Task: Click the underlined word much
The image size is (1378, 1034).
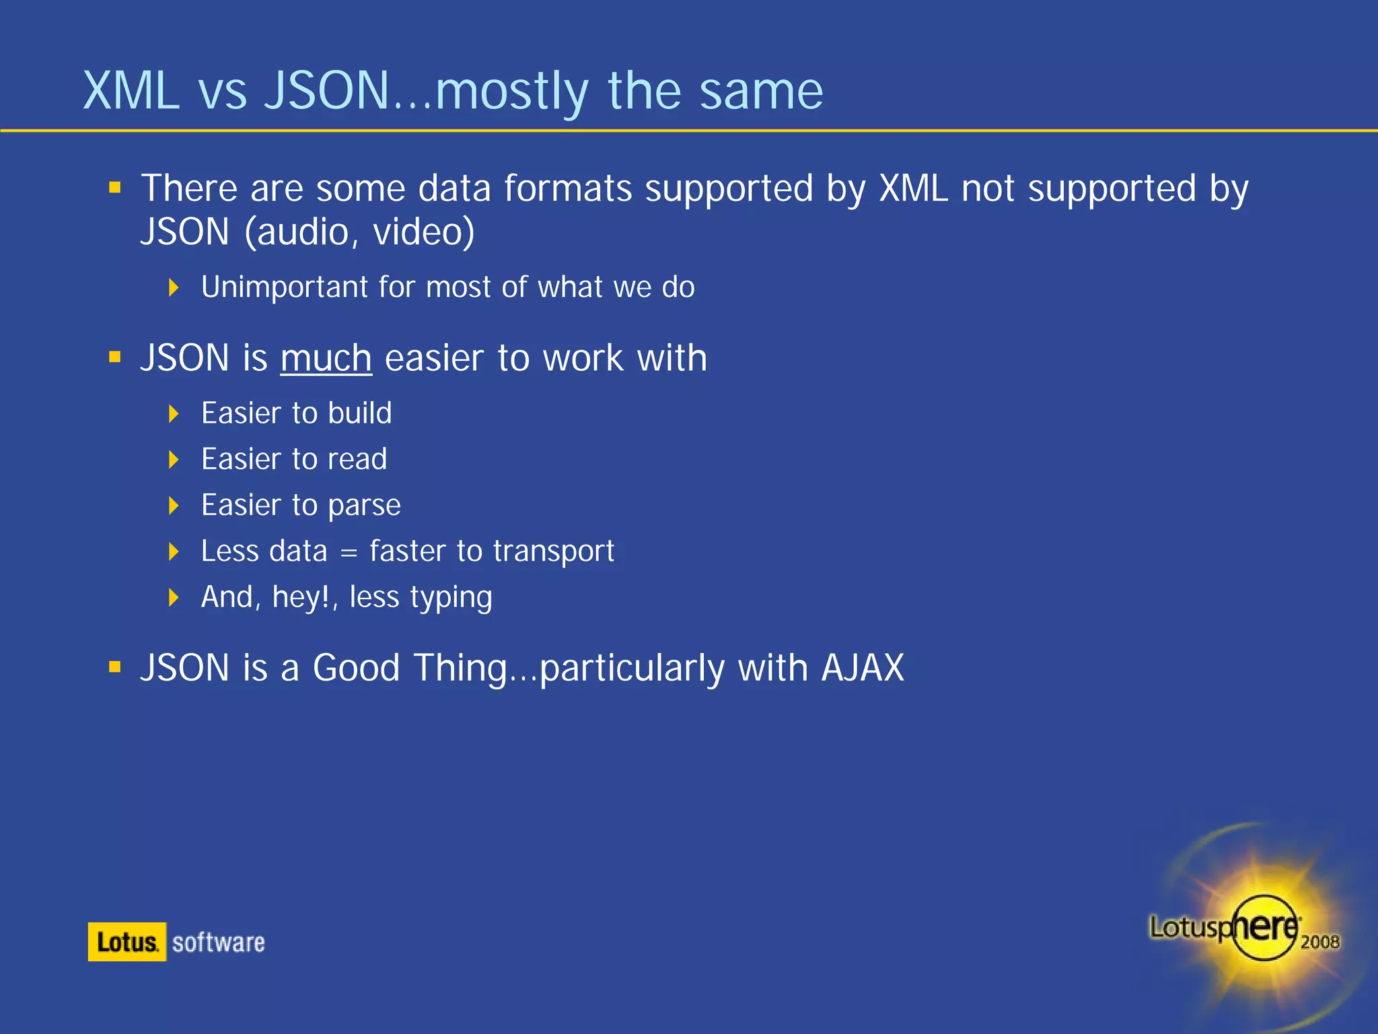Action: (x=326, y=358)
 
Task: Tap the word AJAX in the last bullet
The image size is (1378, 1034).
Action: (x=863, y=668)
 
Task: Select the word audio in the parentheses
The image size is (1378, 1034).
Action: (x=303, y=232)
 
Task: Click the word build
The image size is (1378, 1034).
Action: (x=360, y=413)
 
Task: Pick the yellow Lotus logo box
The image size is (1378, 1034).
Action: (x=126, y=942)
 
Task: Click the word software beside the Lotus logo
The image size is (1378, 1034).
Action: (x=218, y=942)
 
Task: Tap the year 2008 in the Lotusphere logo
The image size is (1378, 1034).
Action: (x=1319, y=942)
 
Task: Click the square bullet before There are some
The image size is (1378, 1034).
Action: (x=115, y=187)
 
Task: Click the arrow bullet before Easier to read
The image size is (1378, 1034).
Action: (x=174, y=460)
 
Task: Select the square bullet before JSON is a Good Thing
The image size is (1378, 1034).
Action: (x=115, y=667)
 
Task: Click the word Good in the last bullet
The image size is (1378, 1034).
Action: (x=356, y=668)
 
